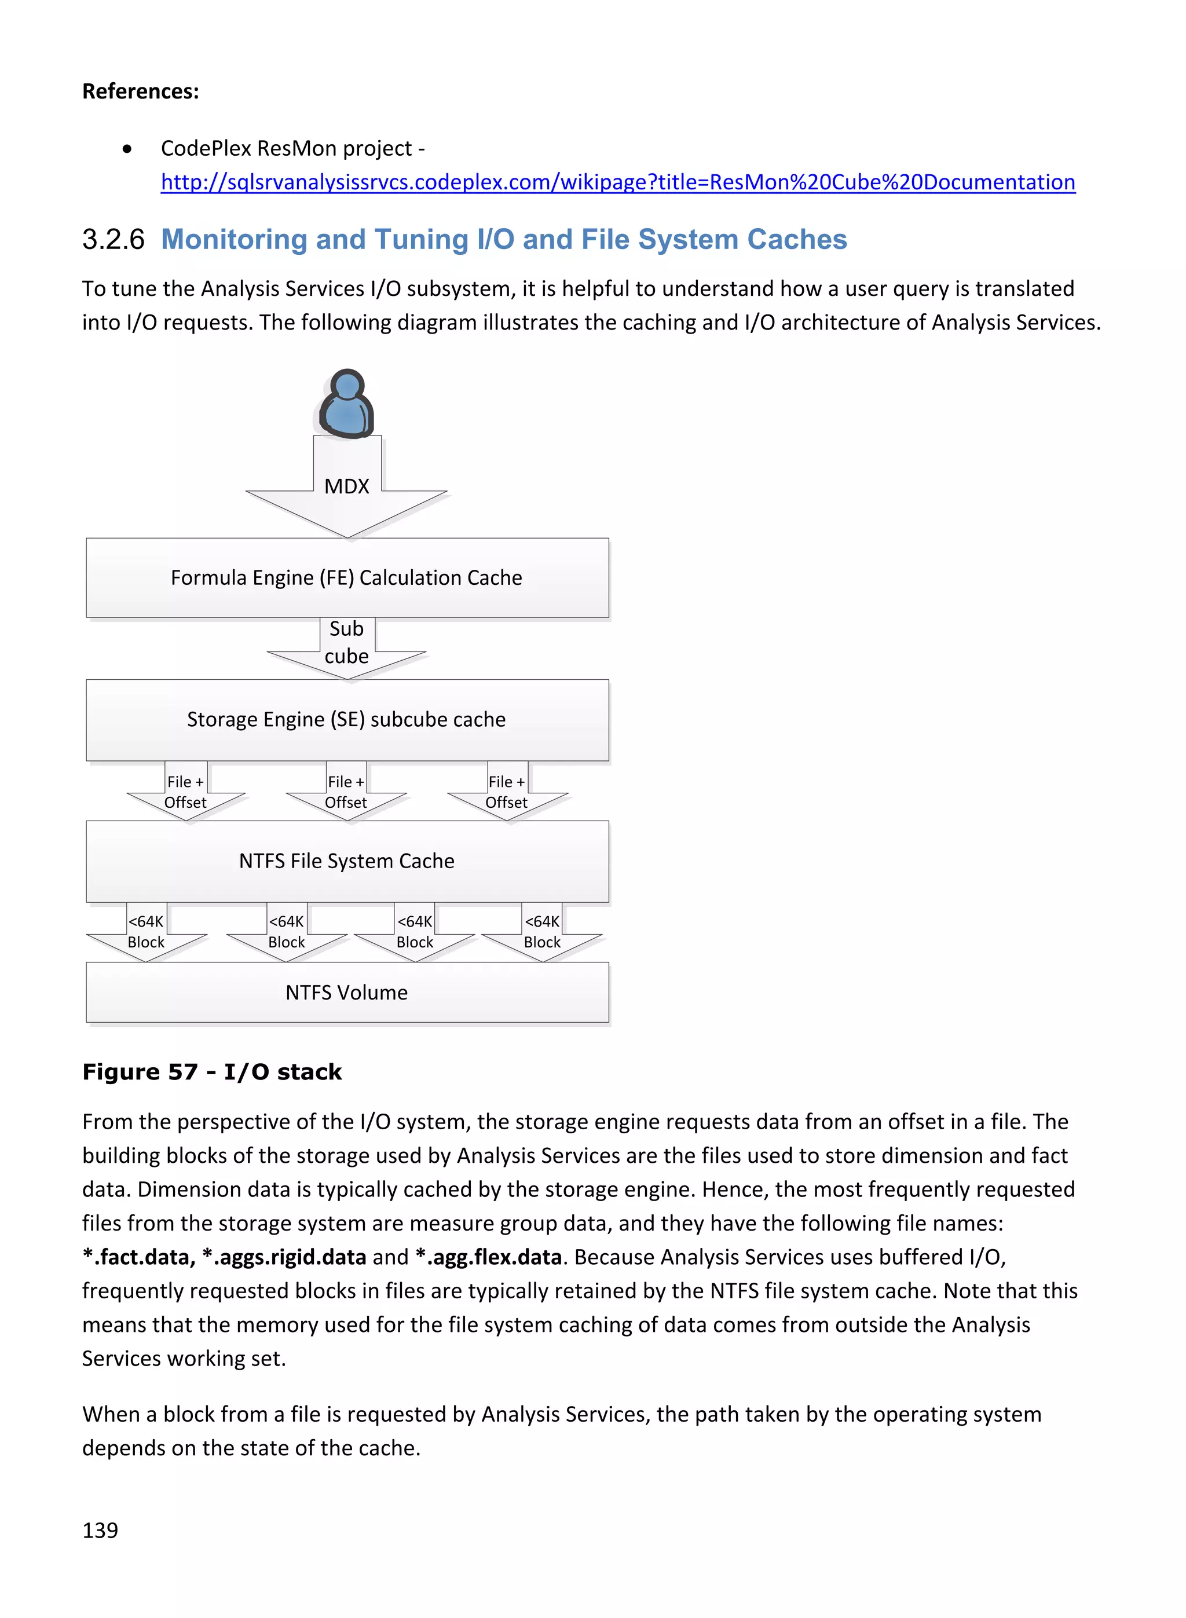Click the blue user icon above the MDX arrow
pyautogui.click(x=347, y=404)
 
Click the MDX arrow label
pyautogui.click(x=347, y=486)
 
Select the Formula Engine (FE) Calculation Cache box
pyautogui.click(x=347, y=578)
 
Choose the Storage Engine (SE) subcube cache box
pyautogui.click(x=347, y=720)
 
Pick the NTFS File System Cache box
pyautogui.click(x=347, y=861)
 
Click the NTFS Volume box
pyautogui.click(x=347, y=993)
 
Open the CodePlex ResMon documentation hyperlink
pyautogui.click(x=617, y=182)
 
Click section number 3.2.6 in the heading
pyautogui.click(x=114, y=240)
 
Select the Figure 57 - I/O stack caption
pyautogui.click(x=212, y=1072)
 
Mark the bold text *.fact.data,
pyautogui.click(x=138, y=1257)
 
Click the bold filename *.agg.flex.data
pyautogui.click(x=488, y=1257)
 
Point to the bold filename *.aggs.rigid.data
pyautogui.click(x=284, y=1257)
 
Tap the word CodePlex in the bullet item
pyautogui.click(x=206, y=149)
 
